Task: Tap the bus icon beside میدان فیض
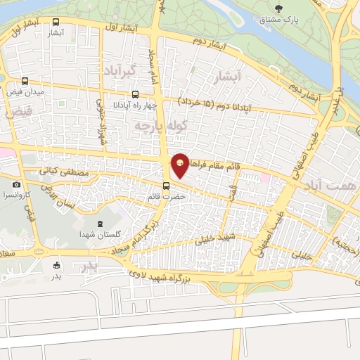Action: coord(26,81)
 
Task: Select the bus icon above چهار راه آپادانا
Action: coord(135,94)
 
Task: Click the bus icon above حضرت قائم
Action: coord(166,186)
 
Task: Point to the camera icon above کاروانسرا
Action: coord(16,184)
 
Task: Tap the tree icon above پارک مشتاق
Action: coord(280,9)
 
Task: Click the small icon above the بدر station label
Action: coord(57,265)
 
